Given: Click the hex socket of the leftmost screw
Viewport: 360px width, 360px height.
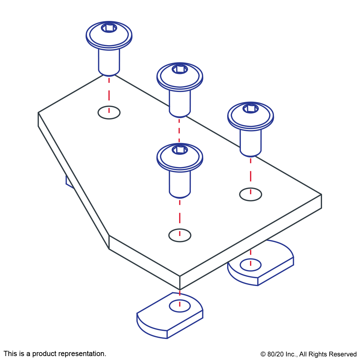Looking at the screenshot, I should click(x=109, y=28).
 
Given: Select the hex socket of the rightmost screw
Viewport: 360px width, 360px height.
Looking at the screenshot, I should click(x=251, y=108).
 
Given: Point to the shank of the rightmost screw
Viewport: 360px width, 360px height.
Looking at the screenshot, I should click(x=251, y=142).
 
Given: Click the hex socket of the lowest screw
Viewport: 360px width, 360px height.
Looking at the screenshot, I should click(x=180, y=150).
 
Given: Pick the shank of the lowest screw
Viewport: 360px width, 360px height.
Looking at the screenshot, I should click(x=180, y=183).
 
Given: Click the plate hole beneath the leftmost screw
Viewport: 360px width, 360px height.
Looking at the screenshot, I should click(x=109, y=112).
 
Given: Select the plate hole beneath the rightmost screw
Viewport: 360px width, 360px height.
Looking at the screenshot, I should click(x=251, y=194).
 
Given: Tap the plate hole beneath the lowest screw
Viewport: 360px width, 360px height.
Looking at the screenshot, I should click(x=180, y=235).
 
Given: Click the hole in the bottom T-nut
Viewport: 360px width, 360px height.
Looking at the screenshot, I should click(x=180, y=306).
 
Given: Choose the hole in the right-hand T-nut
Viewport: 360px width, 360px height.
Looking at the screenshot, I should click(x=251, y=265).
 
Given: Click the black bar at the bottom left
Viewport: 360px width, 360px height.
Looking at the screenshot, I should click(x=55, y=354).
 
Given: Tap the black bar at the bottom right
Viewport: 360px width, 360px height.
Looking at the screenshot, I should click(x=308, y=355).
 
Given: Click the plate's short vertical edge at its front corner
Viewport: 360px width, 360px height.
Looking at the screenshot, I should click(x=180, y=283).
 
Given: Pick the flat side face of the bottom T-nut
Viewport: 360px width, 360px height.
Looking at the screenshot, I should click(x=185, y=324).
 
